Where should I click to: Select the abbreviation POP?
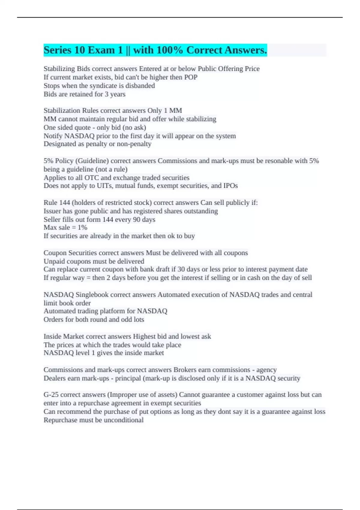click(x=191, y=77)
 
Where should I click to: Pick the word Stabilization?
click(x=62, y=111)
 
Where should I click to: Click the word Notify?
click(x=53, y=136)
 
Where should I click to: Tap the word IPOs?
click(x=230, y=186)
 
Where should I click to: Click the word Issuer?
click(x=52, y=211)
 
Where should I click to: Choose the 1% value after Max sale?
click(x=82, y=228)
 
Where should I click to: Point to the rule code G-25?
click(x=51, y=395)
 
